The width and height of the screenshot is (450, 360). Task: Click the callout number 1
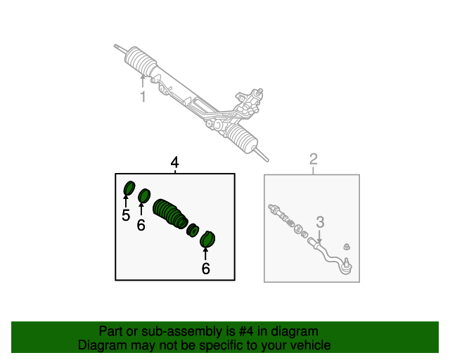tap(143, 96)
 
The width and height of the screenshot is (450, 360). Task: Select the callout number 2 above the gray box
tap(314, 159)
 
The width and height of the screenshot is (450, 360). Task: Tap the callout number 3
tap(320, 222)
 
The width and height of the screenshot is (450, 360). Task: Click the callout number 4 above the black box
tap(175, 162)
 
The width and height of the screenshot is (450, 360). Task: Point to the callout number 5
tap(126, 215)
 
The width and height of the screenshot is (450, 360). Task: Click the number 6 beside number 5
tap(141, 225)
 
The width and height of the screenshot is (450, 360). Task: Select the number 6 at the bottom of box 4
tap(205, 269)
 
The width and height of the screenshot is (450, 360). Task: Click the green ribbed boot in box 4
tap(170, 214)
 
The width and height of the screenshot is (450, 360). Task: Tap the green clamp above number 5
tap(129, 188)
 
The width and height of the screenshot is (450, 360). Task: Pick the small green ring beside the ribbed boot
tap(193, 230)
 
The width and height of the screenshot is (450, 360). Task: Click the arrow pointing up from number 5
tap(126, 201)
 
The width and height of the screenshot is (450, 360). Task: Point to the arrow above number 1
tap(143, 82)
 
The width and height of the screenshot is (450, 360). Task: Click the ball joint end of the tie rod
tap(347, 266)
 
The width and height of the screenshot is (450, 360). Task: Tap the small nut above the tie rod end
tap(347, 247)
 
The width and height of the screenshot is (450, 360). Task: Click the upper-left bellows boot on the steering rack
tap(141, 63)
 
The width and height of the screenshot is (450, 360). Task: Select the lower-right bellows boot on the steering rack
tap(242, 138)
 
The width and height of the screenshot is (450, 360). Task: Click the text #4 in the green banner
tap(246, 331)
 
